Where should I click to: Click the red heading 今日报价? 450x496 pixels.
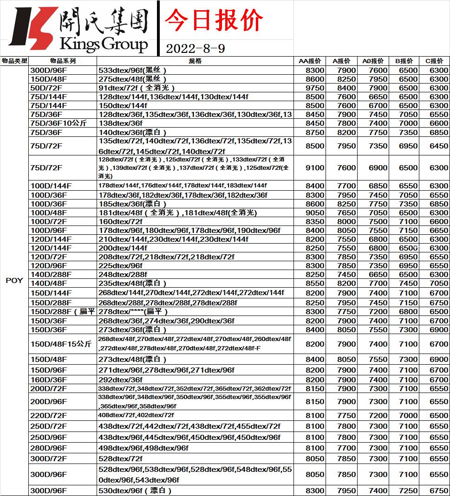point(214,20)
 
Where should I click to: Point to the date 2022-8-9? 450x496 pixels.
point(196,48)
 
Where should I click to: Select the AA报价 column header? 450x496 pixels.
point(310,61)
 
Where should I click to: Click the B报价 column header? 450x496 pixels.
point(404,61)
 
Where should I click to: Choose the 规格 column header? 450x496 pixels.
point(195,61)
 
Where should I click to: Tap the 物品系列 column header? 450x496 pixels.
point(63,61)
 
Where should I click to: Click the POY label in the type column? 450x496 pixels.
point(14,280)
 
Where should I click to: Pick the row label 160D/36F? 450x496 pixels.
point(48,380)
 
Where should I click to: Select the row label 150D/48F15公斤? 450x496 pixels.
point(61,344)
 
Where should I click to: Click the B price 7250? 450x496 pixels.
point(408,490)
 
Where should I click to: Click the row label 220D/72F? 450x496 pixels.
point(48,415)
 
